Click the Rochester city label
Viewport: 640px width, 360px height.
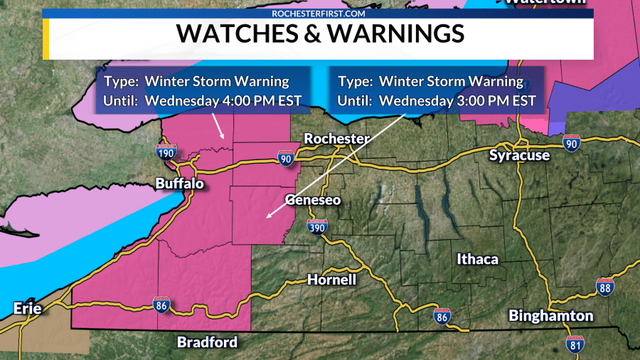[337, 139]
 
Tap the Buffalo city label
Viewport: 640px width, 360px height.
[180, 184]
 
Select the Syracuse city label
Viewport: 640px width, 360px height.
[519, 155]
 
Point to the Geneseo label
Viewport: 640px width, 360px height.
[313, 200]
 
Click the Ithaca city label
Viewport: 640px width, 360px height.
[477, 259]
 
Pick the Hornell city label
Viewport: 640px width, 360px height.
[331, 280]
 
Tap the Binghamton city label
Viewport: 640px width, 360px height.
[550, 315]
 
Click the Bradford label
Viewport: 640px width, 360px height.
[207, 342]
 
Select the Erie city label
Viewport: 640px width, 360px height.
[26, 308]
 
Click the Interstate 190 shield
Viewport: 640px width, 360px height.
[166, 152]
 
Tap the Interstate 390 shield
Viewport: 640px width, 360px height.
[318, 227]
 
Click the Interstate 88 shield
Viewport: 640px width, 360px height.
[605, 287]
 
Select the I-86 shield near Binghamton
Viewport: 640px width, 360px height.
[442, 315]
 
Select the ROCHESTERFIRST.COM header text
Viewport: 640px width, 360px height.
[320, 13]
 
